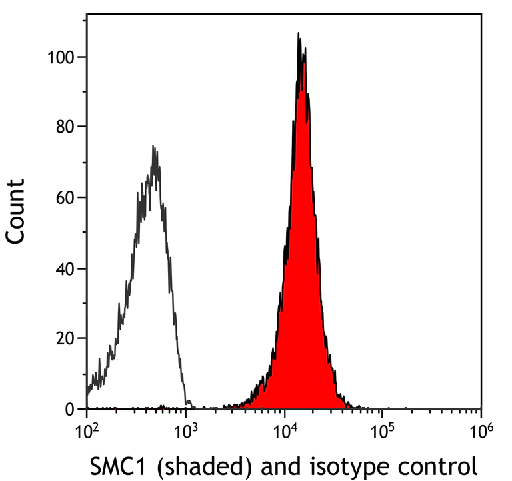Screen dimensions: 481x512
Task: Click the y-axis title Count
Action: (x=16, y=210)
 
